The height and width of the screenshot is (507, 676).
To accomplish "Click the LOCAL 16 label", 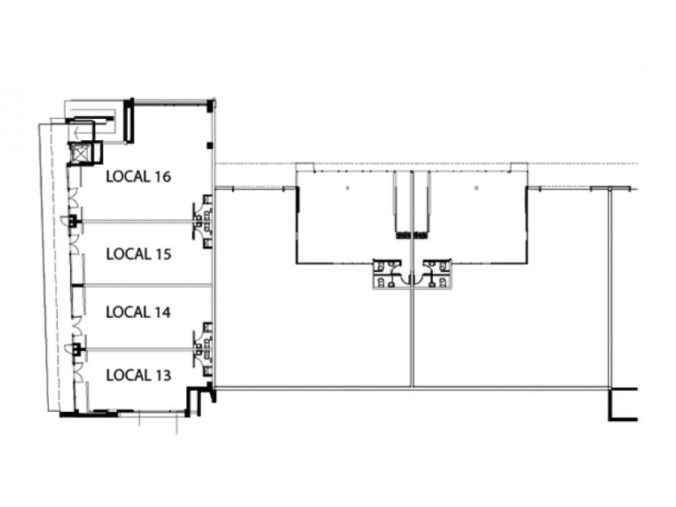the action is (x=138, y=176).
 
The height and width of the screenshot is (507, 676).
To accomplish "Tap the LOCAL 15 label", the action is (x=138, y=254).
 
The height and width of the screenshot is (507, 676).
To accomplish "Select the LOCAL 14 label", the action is (x=138, y=312).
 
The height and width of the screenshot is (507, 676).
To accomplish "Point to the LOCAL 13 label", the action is (x=138, y=375).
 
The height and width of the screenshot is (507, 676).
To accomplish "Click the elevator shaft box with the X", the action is (x=79, y=153).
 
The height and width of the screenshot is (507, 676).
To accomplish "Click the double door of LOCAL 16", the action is (x=74, y=196).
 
